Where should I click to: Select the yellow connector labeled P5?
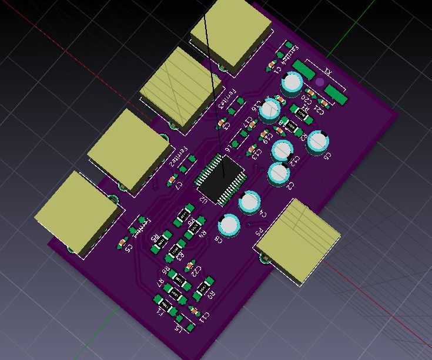pyautogui.click(x=297, y=240)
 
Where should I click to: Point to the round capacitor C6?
pyautogui.click(x=317, y=142)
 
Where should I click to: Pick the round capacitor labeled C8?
pyautogui.click(x=229, y=225)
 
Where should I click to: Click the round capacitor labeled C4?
pyautogui.click(x=249, y=202)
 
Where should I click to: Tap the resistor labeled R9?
pyautogui.click(x=203, y=288)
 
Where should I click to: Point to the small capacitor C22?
pyautogui.click(x=190, y=267)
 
